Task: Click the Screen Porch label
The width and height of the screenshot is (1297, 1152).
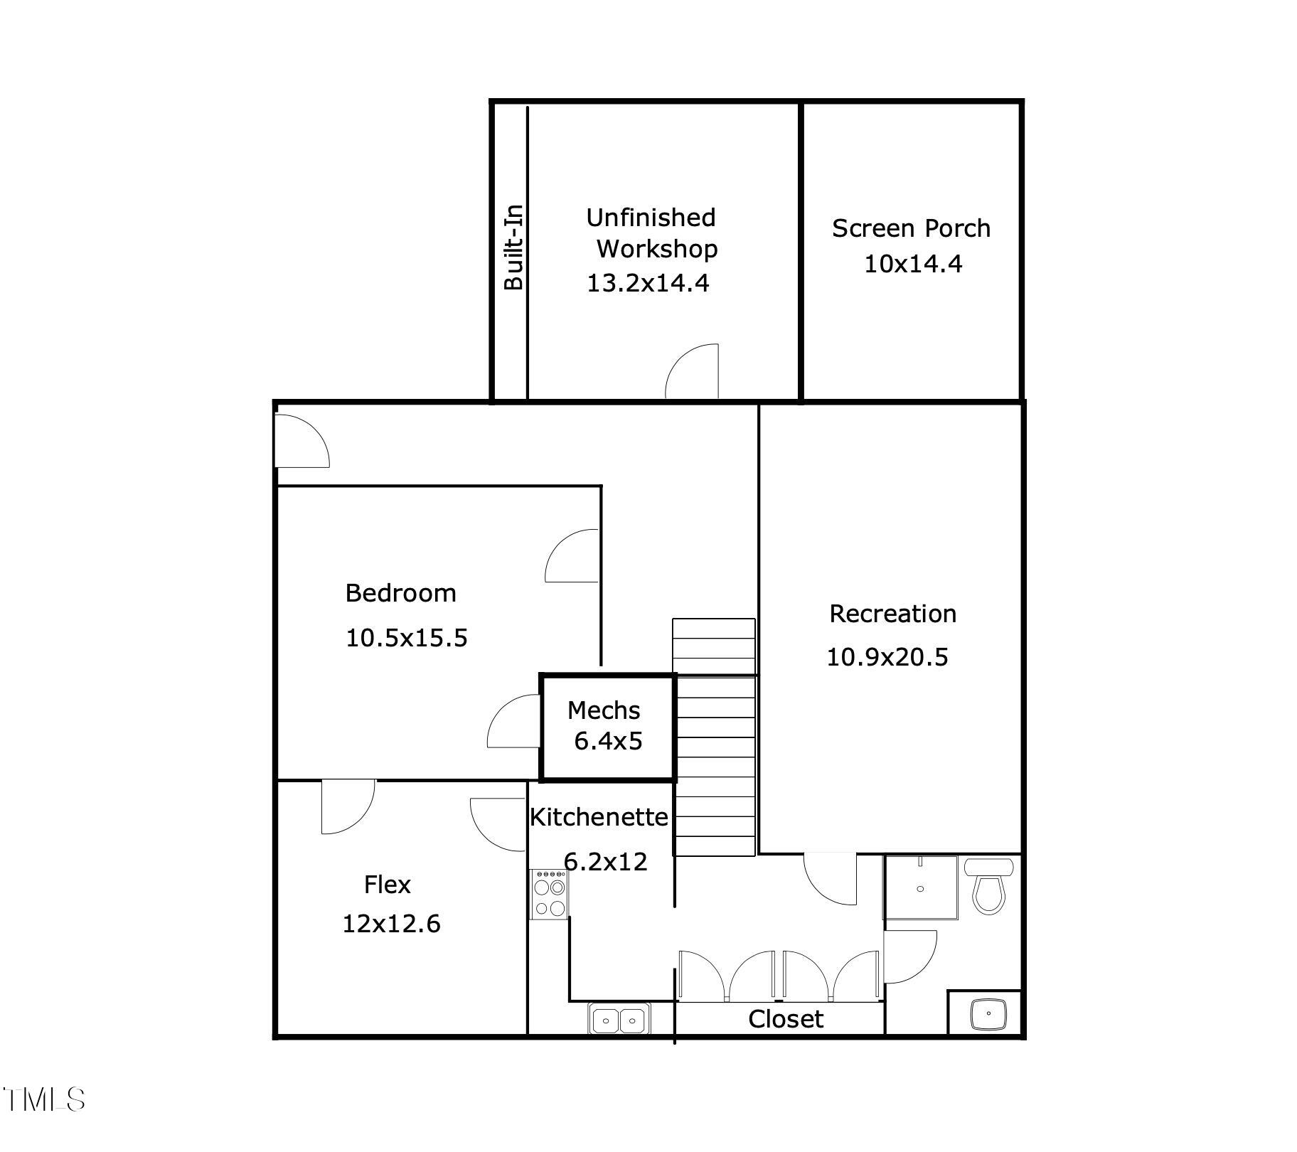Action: point(911,228)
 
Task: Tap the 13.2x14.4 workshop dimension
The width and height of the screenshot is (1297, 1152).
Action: point(648,283)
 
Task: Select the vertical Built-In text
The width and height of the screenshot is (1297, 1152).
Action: point(513,247)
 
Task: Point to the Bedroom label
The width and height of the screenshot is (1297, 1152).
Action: point(400,593)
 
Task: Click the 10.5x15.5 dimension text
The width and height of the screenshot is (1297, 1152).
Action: point(407,638)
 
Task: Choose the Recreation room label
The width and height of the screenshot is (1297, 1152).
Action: point(892,614)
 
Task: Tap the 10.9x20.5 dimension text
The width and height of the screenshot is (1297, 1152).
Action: point(887,657)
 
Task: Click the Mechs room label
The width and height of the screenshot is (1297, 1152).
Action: point(604,710)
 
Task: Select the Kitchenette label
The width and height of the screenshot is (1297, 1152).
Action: point(599,817)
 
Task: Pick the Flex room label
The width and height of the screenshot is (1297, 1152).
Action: point(388,885)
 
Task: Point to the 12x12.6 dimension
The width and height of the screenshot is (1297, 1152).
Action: point(391,924)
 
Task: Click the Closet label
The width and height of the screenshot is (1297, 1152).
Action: point(786,1019)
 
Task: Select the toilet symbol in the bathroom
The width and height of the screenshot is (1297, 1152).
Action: point(988,886)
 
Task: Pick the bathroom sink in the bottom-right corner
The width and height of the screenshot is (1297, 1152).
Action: point(988,1013)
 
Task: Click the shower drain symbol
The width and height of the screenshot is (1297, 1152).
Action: point(921,889)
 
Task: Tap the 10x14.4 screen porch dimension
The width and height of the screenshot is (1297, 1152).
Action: point(913,264)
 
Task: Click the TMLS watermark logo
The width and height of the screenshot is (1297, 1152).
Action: point(44,1099)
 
